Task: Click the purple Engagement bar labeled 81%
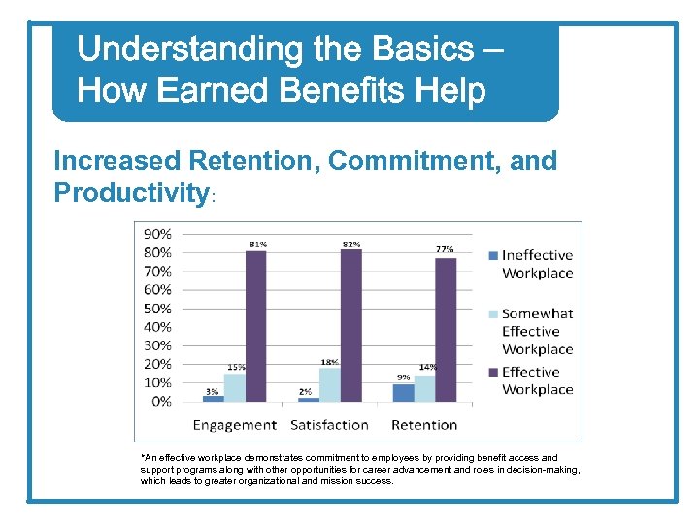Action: coord(256,326)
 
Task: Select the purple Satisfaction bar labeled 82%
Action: coord(350,325)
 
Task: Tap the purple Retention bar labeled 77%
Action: coord(446,329)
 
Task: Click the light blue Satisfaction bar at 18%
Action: coord(330,384)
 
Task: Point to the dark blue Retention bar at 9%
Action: coord(403,393)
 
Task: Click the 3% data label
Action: coord(212,391)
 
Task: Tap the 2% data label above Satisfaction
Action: coord(306,392)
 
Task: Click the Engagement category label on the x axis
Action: coord(234,425)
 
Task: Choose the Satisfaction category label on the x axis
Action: coord(329,425)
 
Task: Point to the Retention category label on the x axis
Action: coord(424,425)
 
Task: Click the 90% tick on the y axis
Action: coord(157,234)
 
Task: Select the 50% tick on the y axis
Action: coord(157,309)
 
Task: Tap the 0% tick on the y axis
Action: coord(161,401)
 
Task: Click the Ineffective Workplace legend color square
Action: coord(493,256)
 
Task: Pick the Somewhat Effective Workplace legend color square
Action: coord(493,314)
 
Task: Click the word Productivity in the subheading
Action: coord(131,193)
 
